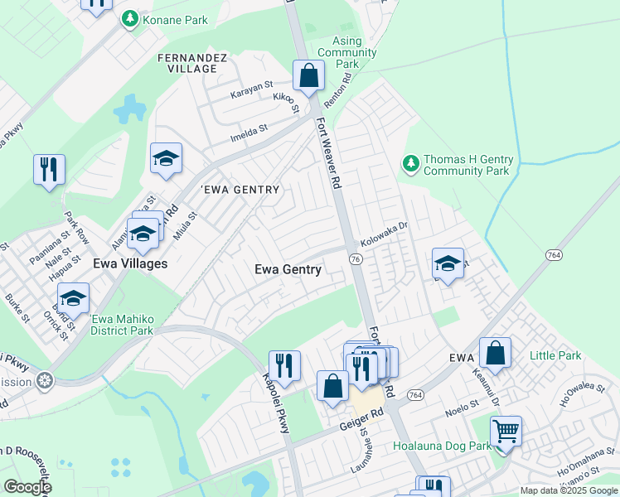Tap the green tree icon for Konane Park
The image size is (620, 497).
pyautogui.click(x=130, y=18)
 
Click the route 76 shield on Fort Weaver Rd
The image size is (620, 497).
pyautogui.click(x=355, y=259)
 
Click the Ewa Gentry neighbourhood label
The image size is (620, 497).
pyautogui.click(x=288, y=269)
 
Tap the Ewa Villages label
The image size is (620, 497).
pyautogui.click(x=130, y=263)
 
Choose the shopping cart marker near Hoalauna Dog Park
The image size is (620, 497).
pyautogui.click(x=506, y=432)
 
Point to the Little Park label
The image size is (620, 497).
pyautogui.click(x=555, y=356)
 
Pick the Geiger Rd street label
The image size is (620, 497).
pyautogui.click(x=358, y=422)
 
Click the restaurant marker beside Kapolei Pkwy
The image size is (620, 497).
pyautogui.click(x=284, y=366)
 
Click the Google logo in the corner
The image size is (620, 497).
pyautogui.click(x=27, y=487)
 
